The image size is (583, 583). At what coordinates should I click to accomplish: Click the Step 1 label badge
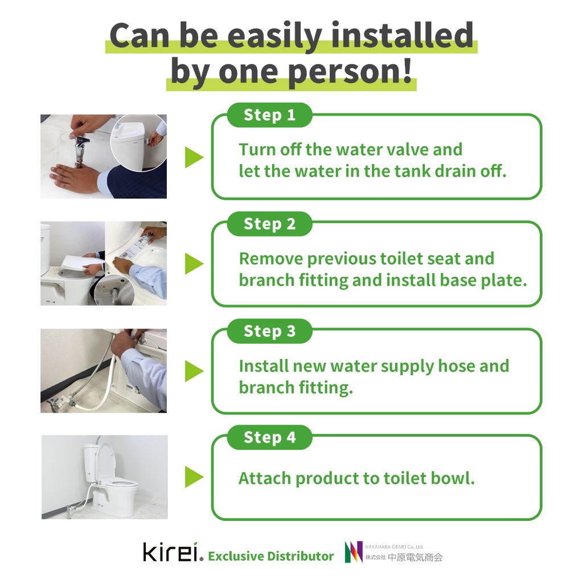tap(269, 115)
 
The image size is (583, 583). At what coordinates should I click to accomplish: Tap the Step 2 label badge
tap(269, 224)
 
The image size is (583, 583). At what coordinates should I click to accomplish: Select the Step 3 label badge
tap(269, 331)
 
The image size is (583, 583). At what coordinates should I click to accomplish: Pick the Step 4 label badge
tap(269, 437)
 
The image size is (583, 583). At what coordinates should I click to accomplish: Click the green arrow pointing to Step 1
tap(194, 157)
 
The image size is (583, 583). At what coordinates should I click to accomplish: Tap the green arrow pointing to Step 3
tap(194, 371)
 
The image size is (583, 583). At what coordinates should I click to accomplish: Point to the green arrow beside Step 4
tap(194, 477)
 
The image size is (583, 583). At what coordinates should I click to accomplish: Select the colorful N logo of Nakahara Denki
tap(354, 552)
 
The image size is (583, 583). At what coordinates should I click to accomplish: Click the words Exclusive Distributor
tap(270, 556)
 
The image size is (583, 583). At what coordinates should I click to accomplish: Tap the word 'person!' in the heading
tap(350, 72)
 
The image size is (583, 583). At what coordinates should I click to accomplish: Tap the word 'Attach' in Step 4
tap(265, 478)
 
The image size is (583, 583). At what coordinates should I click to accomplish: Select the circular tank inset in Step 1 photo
tap(139, 142)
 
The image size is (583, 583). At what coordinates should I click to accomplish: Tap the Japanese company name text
tap(404, 557)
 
